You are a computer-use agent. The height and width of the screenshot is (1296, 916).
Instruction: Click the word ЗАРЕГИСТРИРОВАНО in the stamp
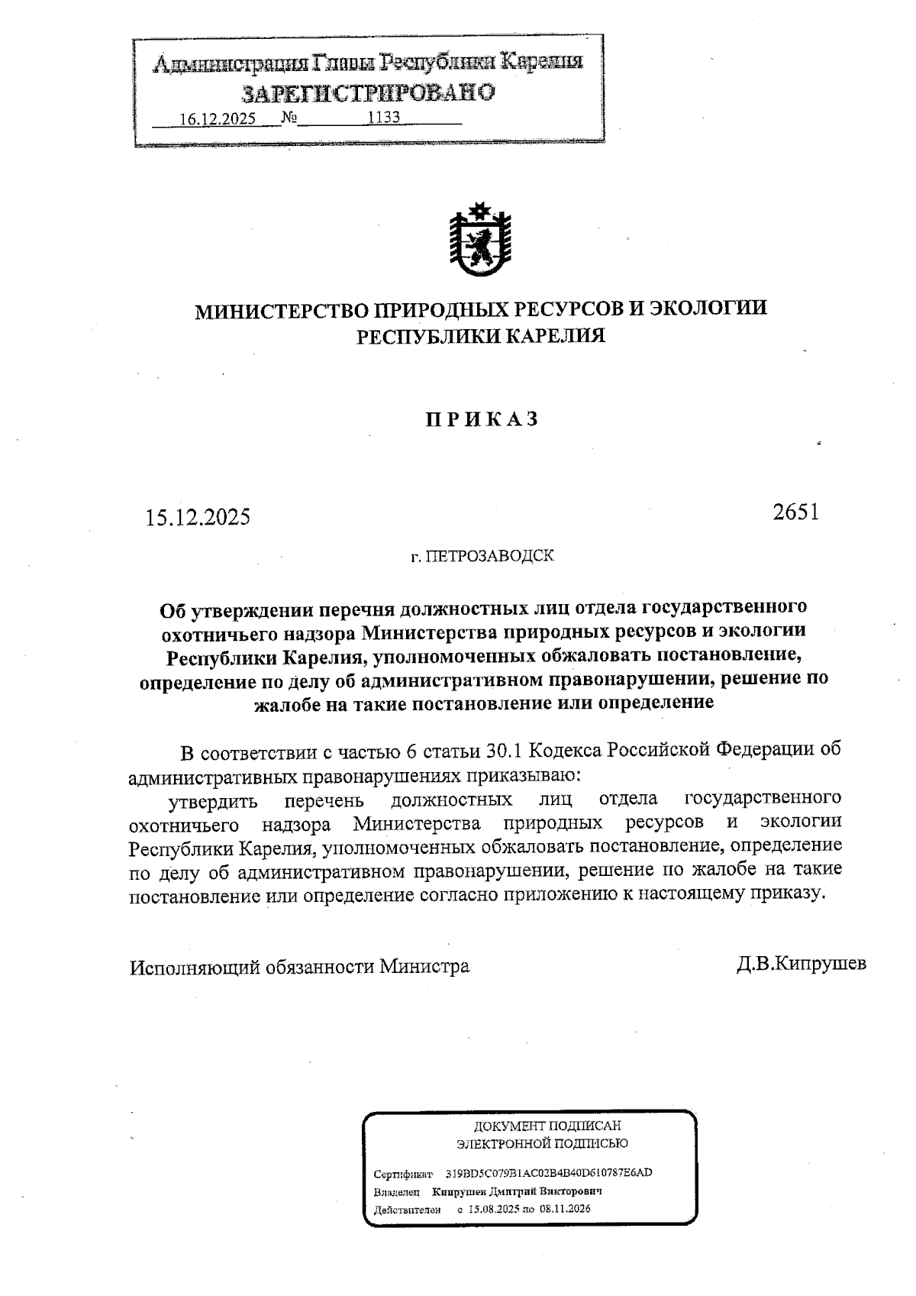369,93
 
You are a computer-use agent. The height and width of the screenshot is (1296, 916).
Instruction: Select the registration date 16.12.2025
218,119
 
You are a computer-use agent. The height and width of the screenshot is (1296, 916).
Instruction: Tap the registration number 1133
385,118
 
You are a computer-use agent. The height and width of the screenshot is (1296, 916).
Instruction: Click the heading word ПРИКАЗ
481,419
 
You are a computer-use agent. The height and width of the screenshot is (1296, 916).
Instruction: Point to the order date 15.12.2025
198,517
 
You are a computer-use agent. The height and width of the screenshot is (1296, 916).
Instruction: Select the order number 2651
795,512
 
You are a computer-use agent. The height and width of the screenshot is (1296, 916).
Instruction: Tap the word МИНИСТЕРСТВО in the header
282,309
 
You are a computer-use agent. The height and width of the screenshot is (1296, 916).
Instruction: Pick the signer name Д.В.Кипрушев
801,964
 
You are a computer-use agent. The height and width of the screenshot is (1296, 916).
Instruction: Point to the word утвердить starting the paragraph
211,802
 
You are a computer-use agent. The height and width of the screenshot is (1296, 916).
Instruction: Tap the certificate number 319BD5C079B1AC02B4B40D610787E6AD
548,1173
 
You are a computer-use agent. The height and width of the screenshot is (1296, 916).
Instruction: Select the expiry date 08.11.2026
566,1209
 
